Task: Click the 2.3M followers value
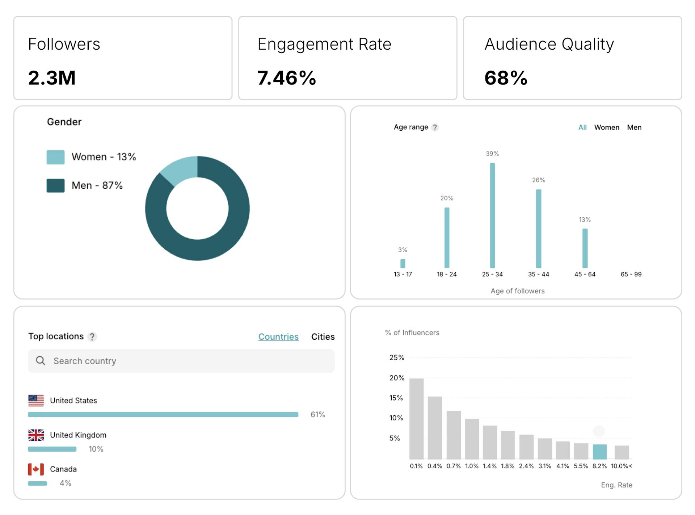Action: [52, 78]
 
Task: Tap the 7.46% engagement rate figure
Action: [286, 78]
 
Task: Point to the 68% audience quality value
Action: [506, 78]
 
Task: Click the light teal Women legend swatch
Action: [55, 157]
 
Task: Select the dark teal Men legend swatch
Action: [55, 185]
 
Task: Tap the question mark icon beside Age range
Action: [435, 127]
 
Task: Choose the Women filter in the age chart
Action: [606, 127]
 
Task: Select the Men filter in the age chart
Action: [634, 127]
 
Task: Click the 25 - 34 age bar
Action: [492, 215]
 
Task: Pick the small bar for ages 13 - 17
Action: [403, 263]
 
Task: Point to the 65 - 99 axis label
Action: [631, 275]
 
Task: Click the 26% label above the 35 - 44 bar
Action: [538, 180]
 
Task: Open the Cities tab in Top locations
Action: [323, 337]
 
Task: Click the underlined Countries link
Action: [278, 337]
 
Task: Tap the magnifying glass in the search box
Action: [41, 361]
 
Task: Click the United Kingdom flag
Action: [36, 435]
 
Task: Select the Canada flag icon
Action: [36, 469]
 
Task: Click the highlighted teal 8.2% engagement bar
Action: [599, 452]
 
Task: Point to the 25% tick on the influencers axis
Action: [397, 358]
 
